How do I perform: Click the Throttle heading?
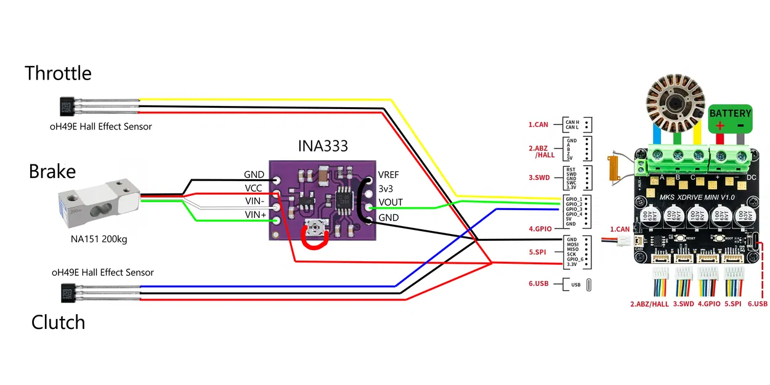(58, 73)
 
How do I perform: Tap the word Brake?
(52, 171)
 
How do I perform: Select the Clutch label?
(58, 322)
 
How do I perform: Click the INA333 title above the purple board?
(323, 146)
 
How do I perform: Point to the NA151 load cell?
(99, 203)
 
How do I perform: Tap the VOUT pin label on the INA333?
(391, 203)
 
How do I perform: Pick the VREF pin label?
(390, 174)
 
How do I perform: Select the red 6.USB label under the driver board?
(758, 304)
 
